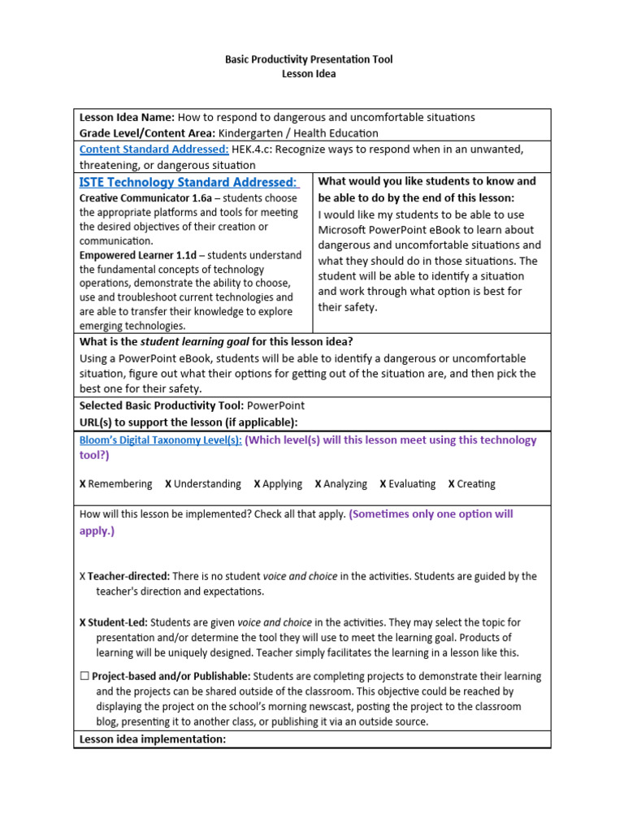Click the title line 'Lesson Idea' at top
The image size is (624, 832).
[x=308, y=74]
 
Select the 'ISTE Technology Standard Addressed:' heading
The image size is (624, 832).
[x=188, y=181]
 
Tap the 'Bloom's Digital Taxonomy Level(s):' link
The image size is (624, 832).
[x=160, y=440]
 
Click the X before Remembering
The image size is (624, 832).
[x=83, y=484]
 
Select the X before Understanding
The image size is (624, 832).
[x=168, y=484]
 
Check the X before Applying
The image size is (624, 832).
[x=257, y=484]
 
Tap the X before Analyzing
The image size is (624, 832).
[x=318, y=484]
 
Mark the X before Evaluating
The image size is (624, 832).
[x=383, y=484]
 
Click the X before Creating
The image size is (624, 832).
[x=452, y=484]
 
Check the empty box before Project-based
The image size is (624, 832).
[x=84, y=676]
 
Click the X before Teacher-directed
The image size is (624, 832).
[x=83, y=577]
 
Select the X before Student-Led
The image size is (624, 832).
[x=83, y=623]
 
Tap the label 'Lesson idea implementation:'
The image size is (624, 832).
[x=152, y=739]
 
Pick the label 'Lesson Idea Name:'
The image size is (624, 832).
[x=127, y=117]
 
